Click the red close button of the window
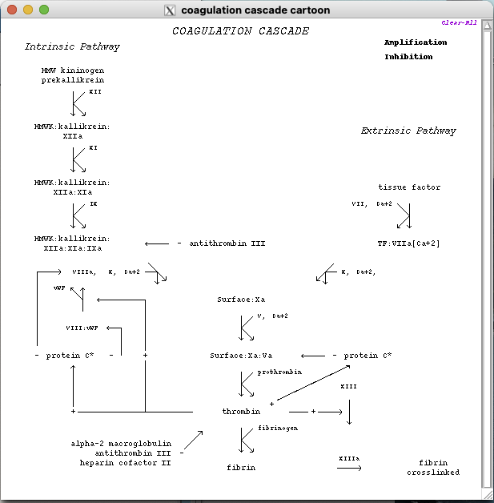tap(11, 10)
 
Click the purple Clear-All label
tap(459, 22)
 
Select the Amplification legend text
tap(416, 42)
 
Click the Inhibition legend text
tap(408, 57)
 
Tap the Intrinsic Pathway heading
tap(72, 46)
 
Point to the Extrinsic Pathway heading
tap(408, 131)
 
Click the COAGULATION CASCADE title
tap(241, 31)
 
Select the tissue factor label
tap(409, 187)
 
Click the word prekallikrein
tap(73, 80)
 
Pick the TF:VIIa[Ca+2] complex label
tap(408, 243)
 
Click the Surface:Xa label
tap(241, 300)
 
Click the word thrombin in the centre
tap(241, 412)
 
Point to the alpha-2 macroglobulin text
tap(121, 443)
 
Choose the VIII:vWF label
tap(82, 328)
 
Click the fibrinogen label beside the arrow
tap(278, 429)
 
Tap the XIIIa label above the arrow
tap(349, 459)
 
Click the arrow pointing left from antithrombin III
tap(157, 243)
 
